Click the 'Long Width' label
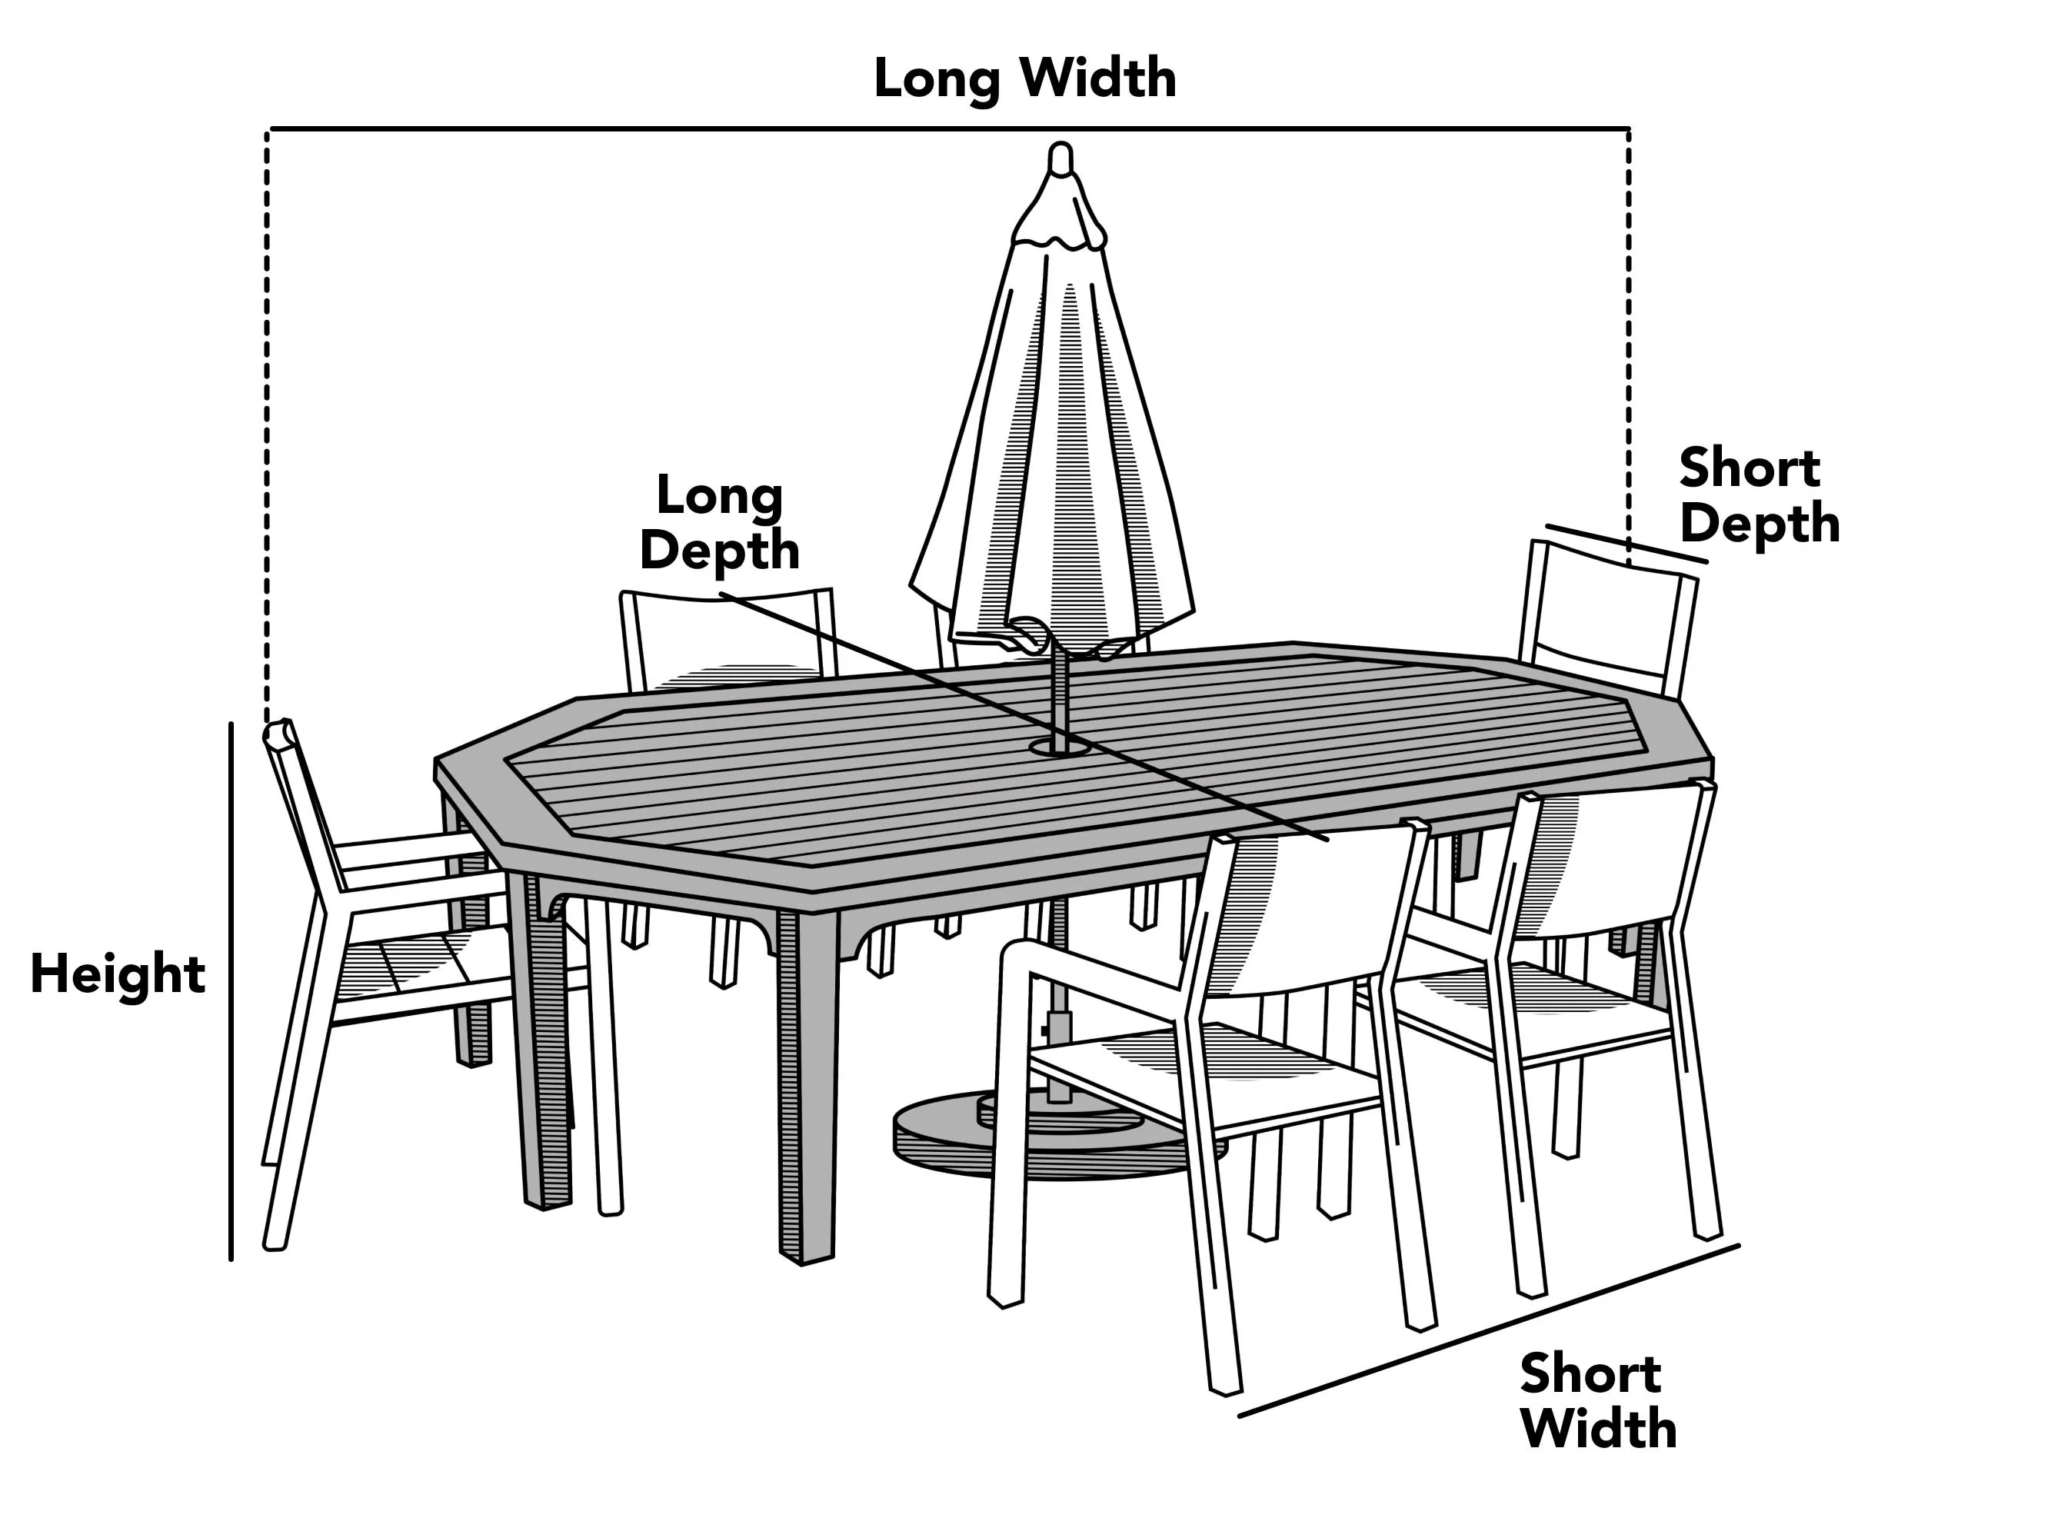1024,78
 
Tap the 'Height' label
118,974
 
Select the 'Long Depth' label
720,524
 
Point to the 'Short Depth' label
1759,495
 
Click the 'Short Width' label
1599,1401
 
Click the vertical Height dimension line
231,991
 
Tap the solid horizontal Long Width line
950,128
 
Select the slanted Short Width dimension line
1489,1330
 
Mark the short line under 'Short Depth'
1626,544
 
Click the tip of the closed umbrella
1060,146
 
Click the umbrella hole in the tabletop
1059,745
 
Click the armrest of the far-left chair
408,849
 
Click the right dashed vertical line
1629,347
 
